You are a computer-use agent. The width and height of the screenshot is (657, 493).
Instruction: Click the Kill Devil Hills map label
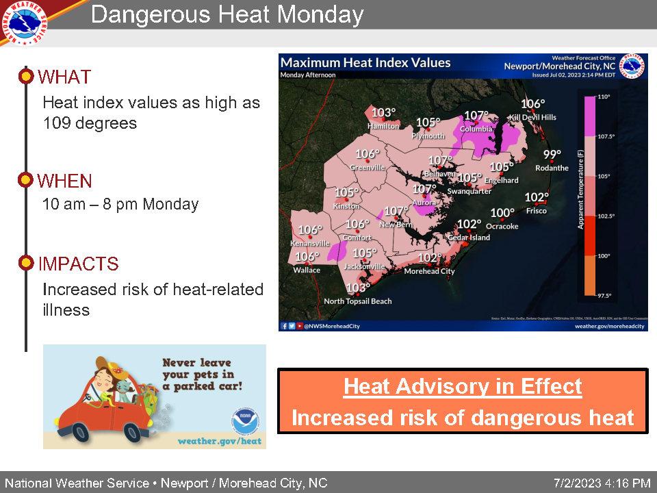coord(532,117)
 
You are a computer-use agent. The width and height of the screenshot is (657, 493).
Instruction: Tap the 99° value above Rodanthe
coord(552,154)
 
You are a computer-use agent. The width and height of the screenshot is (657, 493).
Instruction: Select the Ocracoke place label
coord(502,226)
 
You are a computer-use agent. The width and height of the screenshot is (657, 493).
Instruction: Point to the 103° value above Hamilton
coord(384,113)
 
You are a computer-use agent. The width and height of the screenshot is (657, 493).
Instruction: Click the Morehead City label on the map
coord(429,271)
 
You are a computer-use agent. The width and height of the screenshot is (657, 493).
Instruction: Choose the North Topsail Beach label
coord(358,301)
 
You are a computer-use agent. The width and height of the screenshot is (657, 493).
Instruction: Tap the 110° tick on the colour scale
coord(604,97)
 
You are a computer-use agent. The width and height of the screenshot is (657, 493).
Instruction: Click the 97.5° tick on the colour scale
coord(604,295)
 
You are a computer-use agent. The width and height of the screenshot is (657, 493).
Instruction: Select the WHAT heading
coord(64,77)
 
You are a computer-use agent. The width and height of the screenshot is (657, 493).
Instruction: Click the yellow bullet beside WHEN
coord(25,181)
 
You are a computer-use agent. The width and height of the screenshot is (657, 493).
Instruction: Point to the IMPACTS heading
coord(79,264)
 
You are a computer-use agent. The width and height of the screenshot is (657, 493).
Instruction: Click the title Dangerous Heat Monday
coord(227,14)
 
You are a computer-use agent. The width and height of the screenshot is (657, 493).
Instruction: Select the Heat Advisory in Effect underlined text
coord(463,387)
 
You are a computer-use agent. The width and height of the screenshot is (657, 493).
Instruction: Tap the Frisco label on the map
coord(537,211)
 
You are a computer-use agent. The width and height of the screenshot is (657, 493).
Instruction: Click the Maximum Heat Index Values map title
coord(366,63)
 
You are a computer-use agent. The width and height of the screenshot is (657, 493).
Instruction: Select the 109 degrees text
coord(90,123)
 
